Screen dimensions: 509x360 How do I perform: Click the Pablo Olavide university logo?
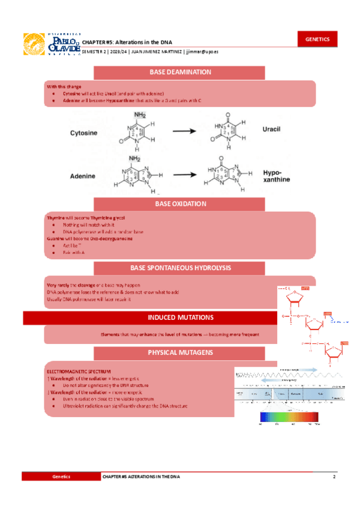pyautogui.click(x=50, y=44)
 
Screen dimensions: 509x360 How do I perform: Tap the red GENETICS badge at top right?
pyautogui.click(x=317, y=39)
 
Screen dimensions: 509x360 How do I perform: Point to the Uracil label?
pyautogui.click(x=272, y=129)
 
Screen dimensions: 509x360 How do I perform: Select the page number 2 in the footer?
pyautogui.click(x=334, y=476)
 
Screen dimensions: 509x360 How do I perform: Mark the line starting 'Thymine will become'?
pyautogui.click(x=86, y=217)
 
